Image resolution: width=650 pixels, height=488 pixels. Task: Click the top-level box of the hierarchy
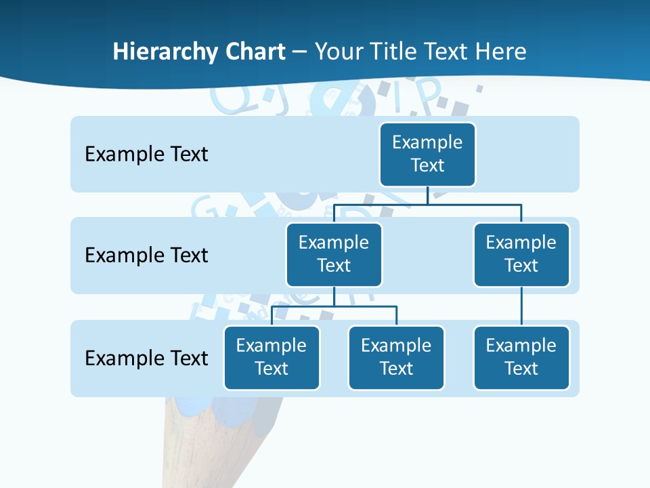tap(427, 155)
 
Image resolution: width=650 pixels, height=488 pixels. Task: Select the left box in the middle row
tap(334, 255)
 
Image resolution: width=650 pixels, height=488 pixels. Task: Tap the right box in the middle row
tap(521, 255)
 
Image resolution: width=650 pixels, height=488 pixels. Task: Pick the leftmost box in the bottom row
tap(272, 358)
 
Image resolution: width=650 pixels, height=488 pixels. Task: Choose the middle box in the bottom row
tap(396, 358)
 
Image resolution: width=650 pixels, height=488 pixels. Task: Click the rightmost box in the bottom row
tap(521, 358)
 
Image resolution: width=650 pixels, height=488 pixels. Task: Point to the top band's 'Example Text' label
tap(146, 155)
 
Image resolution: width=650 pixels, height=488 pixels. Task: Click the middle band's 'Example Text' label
tap(146, 256)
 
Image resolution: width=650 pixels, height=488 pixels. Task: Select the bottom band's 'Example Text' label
tap(146, 358)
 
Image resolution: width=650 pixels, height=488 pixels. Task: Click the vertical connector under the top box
tap(427, 195)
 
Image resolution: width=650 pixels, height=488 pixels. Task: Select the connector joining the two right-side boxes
tap(521, 306)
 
